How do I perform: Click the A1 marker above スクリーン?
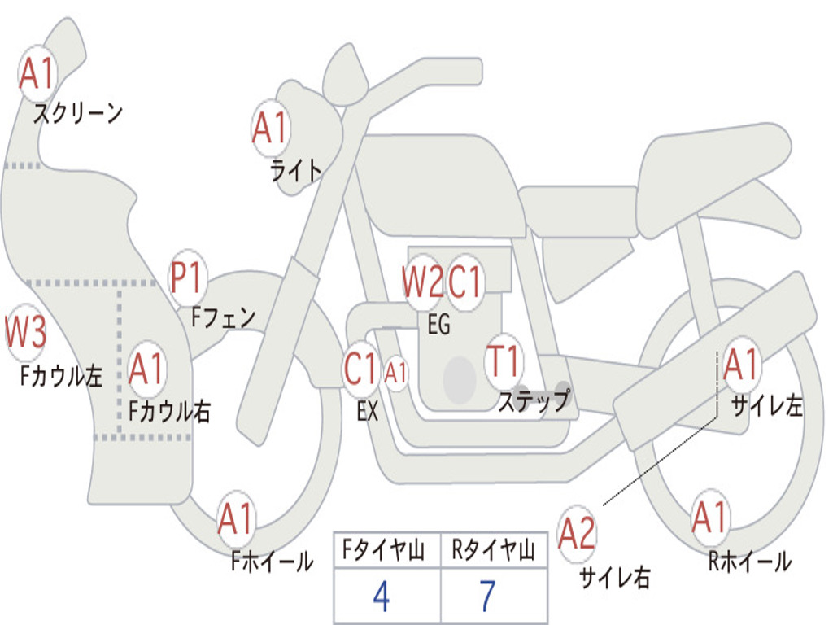[x=37, y=73]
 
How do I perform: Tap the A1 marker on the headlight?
[x=271, y=128]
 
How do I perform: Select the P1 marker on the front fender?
[x=187, y=278]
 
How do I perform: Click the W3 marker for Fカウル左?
[x=25, y=332]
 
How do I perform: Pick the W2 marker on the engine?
[x=422, y=281]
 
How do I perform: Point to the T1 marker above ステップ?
[x=504, y=361]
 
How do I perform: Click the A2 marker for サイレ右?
[x=577, y=533]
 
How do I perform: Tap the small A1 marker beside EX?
[x=396, y=373]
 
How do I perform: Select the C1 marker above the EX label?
[x=361, y=369]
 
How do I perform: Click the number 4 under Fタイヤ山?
[x=382, y=596]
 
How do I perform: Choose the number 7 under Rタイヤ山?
[x=488, y=596]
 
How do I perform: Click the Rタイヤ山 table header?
[x=493, y=549]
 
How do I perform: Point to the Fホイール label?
[x=272, y=561]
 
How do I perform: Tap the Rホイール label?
[x=750, y=562]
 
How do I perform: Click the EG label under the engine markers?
[x=438, y=324]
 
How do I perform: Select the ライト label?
[x=296, y=171]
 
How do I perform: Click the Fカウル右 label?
[x=169, y=411]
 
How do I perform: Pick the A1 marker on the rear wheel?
[x=710, y=517]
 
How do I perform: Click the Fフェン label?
[x=224, y=317]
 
